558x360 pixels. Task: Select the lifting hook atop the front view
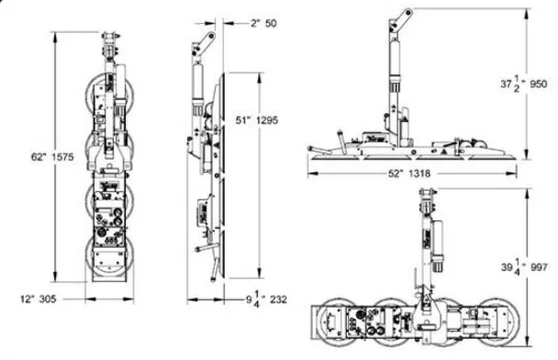click(x=110, y=42)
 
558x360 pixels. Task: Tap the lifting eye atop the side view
click(x=209, y=39)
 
